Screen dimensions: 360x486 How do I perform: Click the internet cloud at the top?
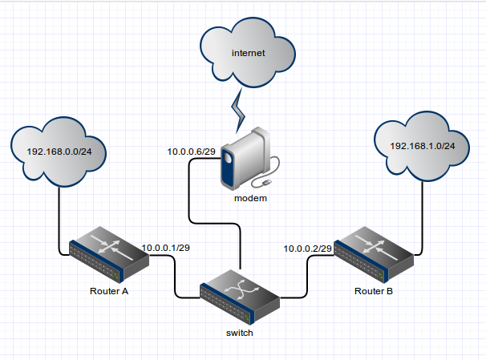click(x=248, y=54)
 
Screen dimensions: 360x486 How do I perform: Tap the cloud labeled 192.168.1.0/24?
click(x=422, y=147)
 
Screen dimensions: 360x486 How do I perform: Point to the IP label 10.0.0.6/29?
click(x=191, y=152)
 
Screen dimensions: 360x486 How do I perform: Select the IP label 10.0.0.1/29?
click(x=164, y=248)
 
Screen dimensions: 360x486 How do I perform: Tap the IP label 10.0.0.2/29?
click(x=308, y=249)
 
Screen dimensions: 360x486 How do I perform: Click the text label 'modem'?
click(x=250, y=198)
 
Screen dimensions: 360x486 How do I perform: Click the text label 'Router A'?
click(x=109, y=291)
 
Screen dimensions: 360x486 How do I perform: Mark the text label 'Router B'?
click(x=374, y=291)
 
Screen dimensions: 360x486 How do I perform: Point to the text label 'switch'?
click(x=240, y=333)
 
